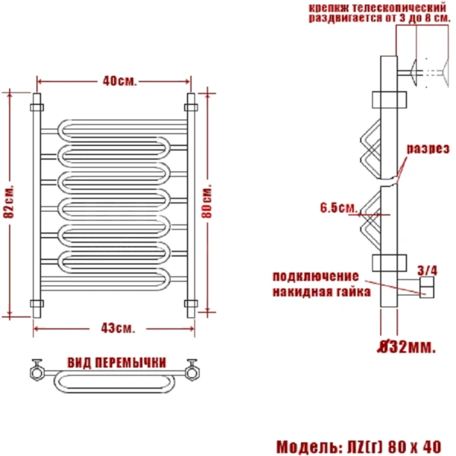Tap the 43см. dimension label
pos(116,328)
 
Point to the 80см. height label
pos(207,201)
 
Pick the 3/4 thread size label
pos(428,270)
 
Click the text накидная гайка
pos(321,291)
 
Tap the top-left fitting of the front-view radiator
pos(35,100)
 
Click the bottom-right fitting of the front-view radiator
pos(191,306)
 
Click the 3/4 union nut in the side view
pos(426,287)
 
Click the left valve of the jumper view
pos(36,371)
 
